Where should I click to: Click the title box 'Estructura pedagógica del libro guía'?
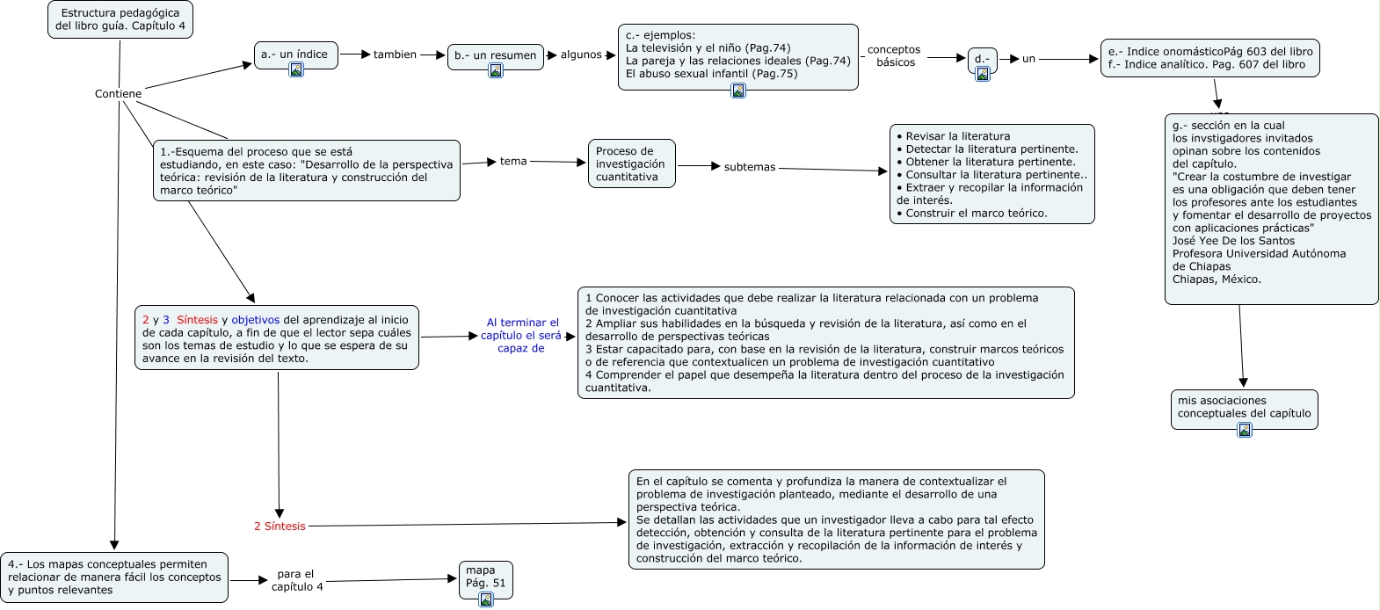120,19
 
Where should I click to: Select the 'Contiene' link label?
118,94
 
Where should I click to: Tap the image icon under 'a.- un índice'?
296,69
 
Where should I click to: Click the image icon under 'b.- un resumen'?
496,70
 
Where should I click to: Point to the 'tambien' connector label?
395,54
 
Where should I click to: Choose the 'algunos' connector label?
581,54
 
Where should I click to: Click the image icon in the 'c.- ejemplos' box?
738,90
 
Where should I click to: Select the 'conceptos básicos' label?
894,56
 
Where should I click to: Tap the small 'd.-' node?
982,60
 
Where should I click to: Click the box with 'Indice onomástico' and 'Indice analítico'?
1209,58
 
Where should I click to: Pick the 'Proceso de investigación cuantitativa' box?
631,163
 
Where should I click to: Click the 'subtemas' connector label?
749,167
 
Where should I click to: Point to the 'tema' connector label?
513,162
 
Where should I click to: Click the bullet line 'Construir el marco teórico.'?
976,213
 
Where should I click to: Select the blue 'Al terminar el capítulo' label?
522,335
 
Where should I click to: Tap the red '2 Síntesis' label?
280,526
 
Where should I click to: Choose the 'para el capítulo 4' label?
296,580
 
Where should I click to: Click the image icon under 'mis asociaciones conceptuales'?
1244,430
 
